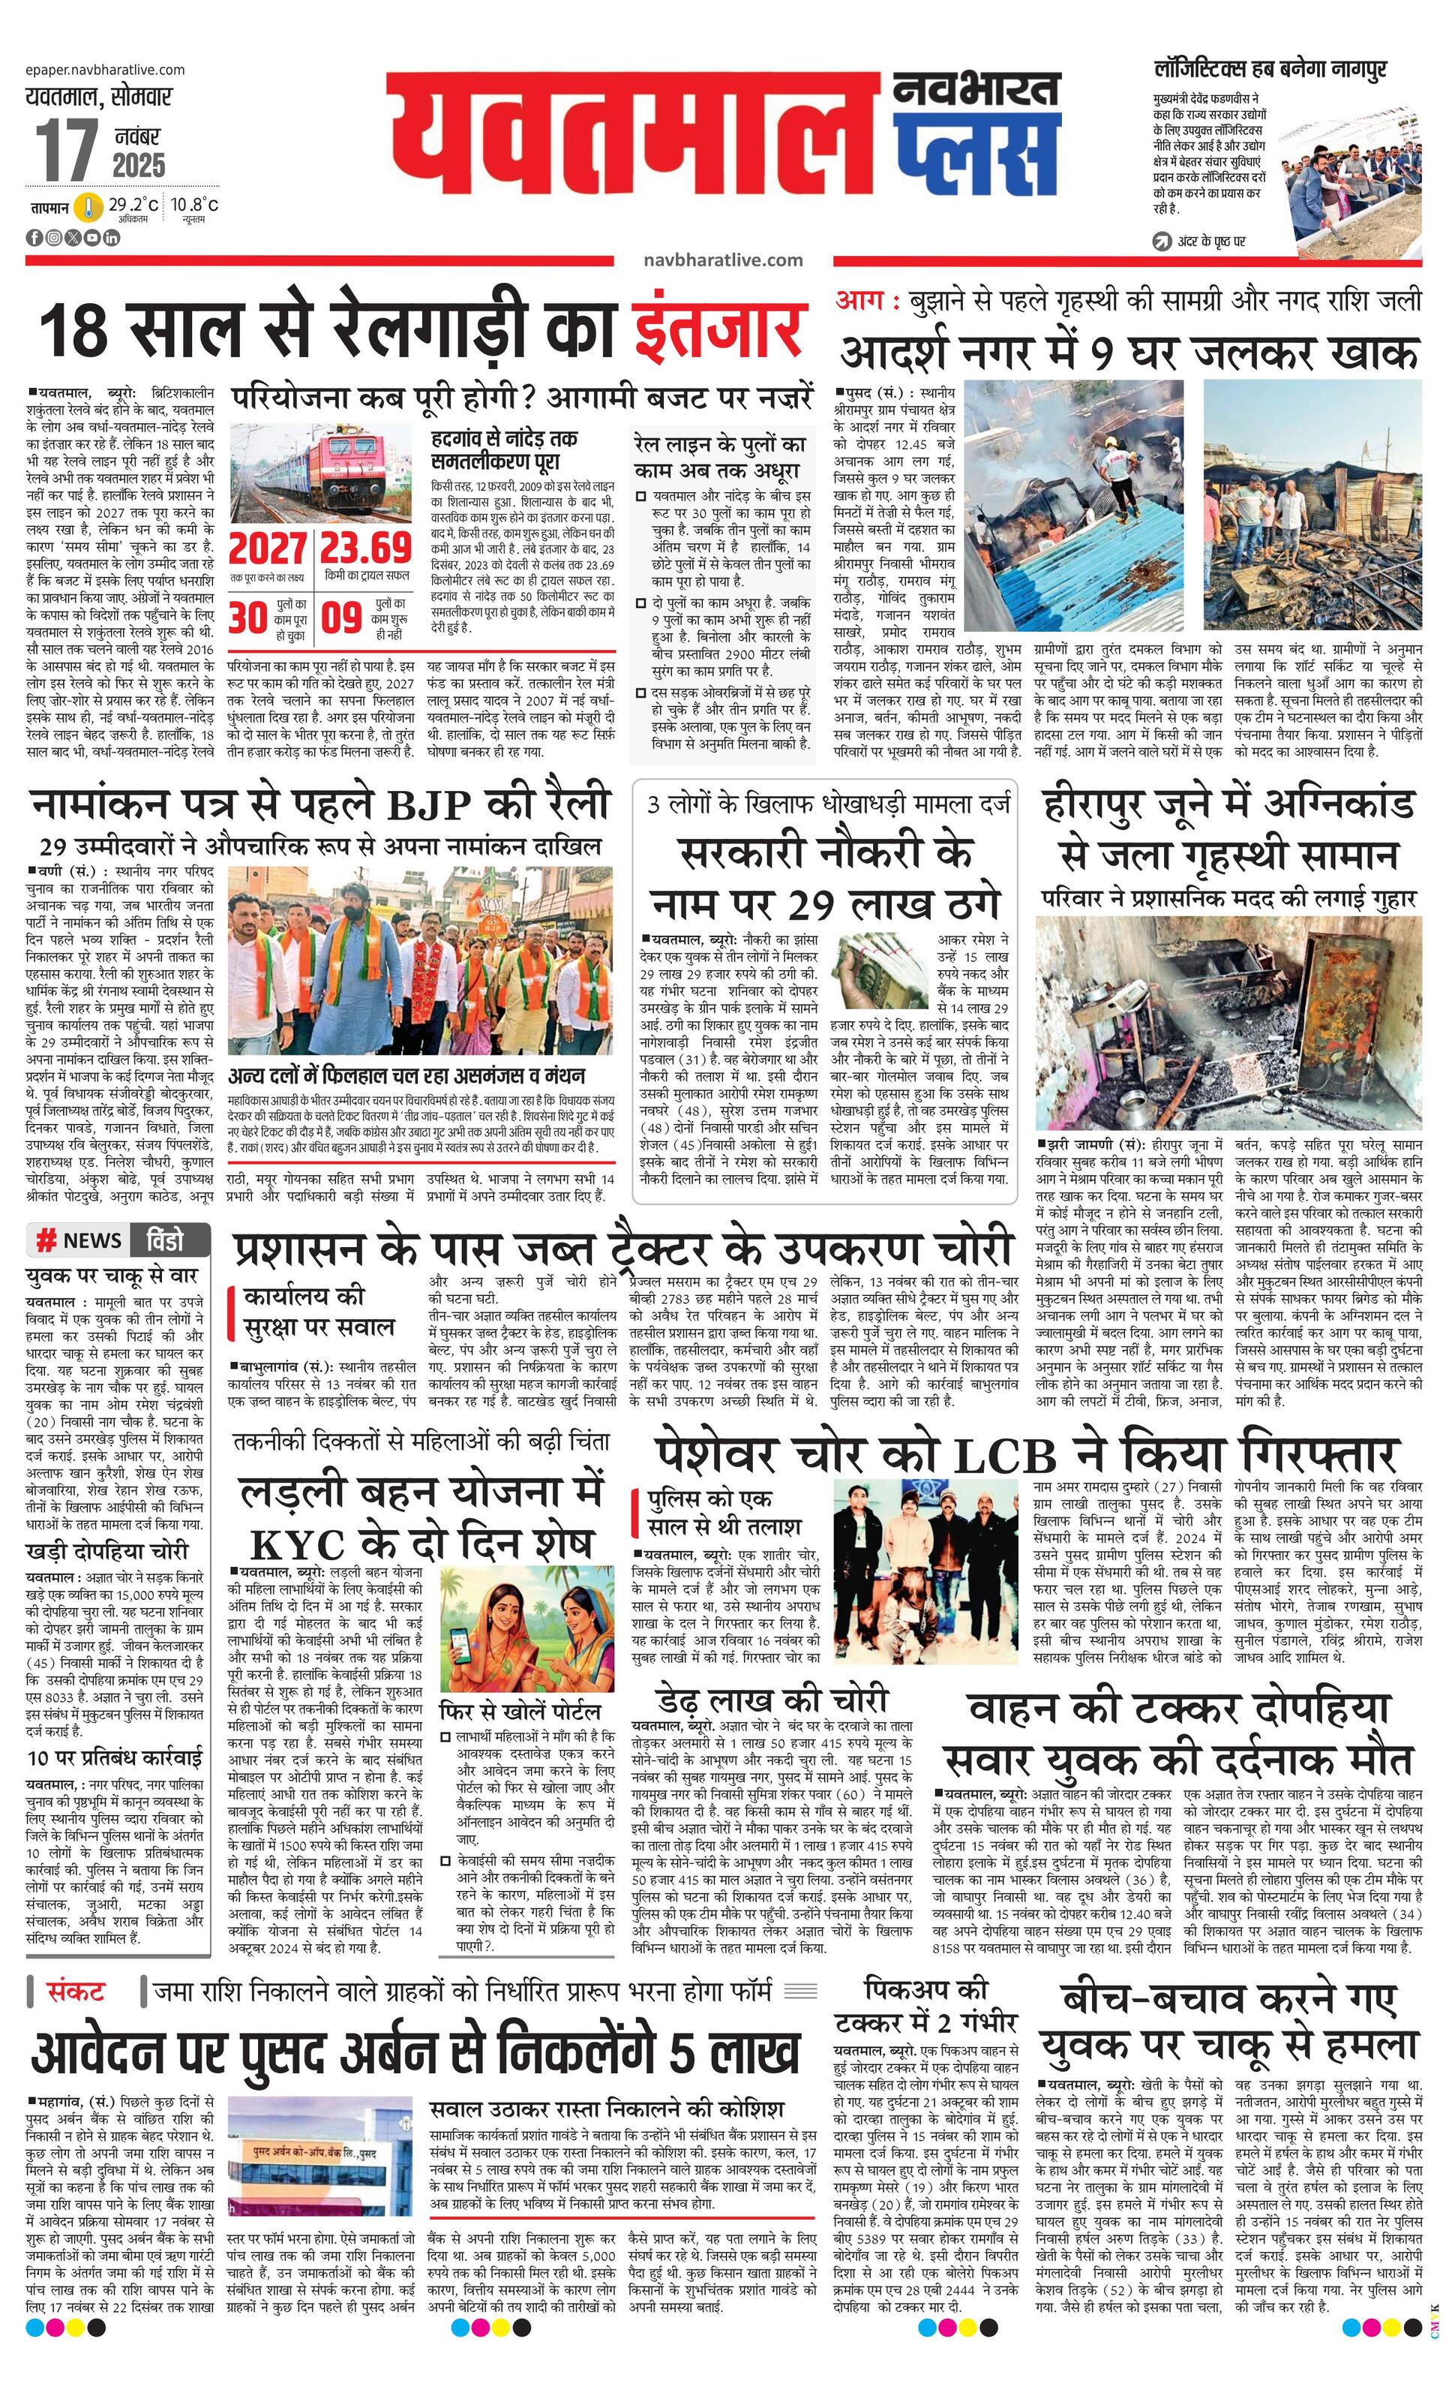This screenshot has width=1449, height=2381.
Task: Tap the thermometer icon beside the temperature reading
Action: pyautogui.click(x=90, y=207)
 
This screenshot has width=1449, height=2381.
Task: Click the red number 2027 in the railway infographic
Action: pyautogui.click(x=268, y=550)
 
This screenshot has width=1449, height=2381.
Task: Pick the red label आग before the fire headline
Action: pyautogui.click(x=865, y=300)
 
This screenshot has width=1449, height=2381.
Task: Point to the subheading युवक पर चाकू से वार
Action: pyautogui.click(x=112, y=1275)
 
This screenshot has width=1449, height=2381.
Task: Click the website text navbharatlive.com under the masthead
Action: pyautogui.click(x=722, y=260)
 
